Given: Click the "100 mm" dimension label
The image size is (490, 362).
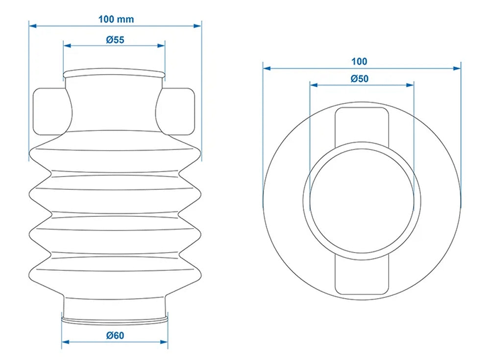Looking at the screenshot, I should coord(116,19).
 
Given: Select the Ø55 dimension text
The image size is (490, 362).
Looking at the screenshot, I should coord(115,40).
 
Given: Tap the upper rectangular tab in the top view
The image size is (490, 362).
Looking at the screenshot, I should coord(362,125).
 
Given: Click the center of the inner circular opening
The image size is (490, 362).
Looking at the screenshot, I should coord(362,200).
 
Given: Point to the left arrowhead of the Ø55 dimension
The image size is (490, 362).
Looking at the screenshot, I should coord(67,46).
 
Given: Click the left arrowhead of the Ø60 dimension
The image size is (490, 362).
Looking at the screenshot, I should coord(65,342).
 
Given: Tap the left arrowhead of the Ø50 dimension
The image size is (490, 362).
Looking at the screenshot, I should coord(313,85).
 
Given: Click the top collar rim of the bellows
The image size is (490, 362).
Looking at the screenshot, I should coord(114,73).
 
